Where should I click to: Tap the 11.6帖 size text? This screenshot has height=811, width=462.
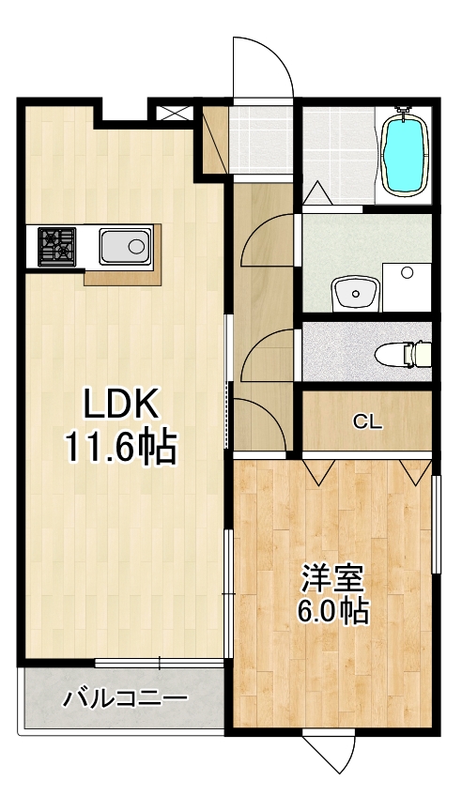(120, 448)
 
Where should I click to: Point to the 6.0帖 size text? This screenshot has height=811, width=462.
(331, 611)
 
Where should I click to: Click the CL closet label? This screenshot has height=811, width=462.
(367, 422)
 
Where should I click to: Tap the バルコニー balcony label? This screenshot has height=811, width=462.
(126, 698)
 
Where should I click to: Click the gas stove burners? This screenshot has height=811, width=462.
(57, 246)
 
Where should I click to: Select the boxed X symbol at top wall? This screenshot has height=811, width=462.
(173, 113)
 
